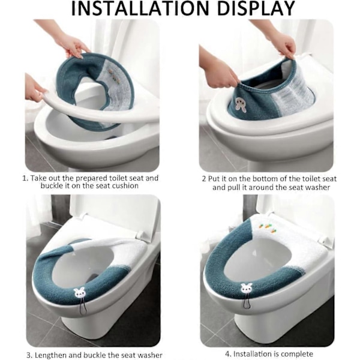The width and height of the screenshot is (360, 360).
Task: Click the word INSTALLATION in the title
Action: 140,8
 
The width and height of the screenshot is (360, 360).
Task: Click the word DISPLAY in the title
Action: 256,8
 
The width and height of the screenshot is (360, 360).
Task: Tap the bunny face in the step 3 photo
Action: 79,293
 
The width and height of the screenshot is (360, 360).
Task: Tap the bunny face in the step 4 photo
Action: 246,289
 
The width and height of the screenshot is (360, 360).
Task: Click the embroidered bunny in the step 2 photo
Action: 240,105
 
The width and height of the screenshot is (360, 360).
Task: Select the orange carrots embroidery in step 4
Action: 268,228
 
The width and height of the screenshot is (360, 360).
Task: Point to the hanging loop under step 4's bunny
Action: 247,301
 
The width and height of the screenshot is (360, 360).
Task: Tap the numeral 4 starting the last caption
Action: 228,353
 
